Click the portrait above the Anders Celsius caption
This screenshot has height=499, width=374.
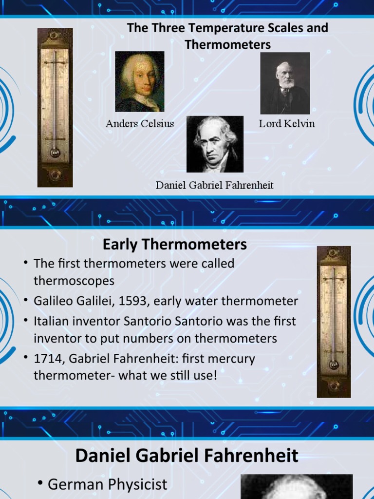coord(139,81)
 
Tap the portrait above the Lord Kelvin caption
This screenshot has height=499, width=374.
coord(285,83)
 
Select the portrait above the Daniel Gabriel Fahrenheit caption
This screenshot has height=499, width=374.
coord(215,144)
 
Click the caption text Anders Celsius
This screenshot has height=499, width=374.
coord(140,124)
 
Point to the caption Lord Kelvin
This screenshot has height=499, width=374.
coord(287,124)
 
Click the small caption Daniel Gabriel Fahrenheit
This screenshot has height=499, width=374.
coord(214,185)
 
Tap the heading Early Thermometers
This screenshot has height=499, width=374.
coord(175,244)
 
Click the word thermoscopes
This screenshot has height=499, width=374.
coord(74,281)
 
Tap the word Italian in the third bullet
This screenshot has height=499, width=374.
coord(52,322)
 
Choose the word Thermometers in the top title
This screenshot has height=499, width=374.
coord(227,45)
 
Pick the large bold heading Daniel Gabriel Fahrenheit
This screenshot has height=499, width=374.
coord(187,456)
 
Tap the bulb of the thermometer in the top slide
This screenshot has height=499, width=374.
coord(55,153)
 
